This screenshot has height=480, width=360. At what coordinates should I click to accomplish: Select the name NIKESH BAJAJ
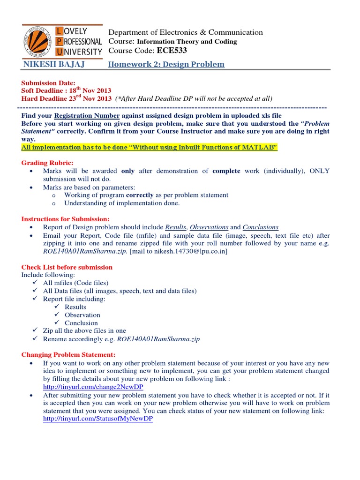[49, 64]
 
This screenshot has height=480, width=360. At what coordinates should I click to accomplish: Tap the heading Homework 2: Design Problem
[166, 64]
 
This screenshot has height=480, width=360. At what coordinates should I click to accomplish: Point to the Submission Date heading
[48, 83]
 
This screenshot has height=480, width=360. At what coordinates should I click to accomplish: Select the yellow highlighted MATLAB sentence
[150, 148]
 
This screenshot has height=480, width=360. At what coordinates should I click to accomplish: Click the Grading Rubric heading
[47, 163]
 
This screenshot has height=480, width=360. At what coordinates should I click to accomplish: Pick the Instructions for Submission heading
[65, 219]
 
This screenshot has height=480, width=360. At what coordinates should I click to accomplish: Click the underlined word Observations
[209, 227]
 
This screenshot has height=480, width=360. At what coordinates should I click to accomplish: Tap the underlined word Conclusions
[260, 227]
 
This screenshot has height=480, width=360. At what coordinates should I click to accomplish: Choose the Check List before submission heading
[67, 267]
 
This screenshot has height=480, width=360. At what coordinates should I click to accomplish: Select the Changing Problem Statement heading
[68, 354]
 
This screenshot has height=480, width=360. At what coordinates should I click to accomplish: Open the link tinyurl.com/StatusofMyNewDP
[97, 419]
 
